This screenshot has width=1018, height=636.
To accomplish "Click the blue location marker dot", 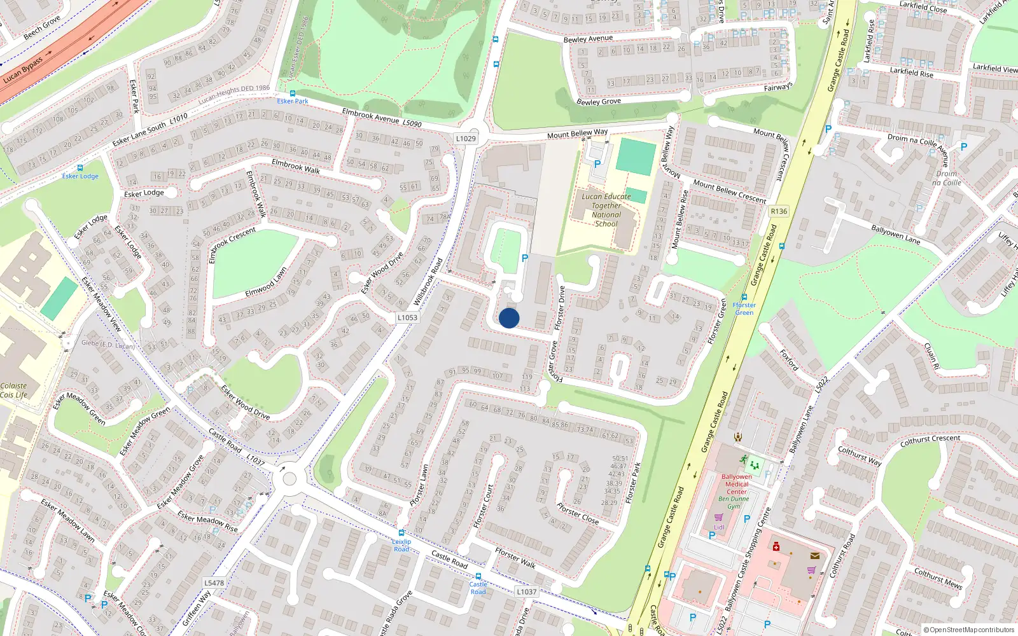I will point(509,318).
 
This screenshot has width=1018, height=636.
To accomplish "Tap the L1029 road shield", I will point(466,139).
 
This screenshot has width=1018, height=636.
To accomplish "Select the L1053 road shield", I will point(407,317).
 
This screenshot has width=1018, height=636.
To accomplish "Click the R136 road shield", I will point(779,211).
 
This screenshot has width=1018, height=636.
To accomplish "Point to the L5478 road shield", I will point(214,583).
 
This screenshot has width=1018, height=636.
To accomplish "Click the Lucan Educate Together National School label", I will point(606,210).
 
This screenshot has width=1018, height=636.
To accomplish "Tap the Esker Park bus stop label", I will point(293,101).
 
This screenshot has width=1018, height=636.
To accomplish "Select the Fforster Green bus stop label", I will point(744,308).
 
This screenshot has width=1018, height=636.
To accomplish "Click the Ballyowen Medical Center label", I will point(737,484).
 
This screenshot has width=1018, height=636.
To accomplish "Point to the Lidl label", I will point(719,527).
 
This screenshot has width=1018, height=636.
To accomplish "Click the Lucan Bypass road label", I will point(23,70).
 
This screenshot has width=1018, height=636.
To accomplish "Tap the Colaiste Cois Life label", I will point(13,391).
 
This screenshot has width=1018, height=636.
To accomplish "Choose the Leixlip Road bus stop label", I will point(401,545).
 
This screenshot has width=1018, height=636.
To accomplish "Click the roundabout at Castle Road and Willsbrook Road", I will point(289,477).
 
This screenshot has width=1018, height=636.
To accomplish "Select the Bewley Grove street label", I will point(599,102).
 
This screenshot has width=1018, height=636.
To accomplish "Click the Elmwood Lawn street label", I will point(266,282).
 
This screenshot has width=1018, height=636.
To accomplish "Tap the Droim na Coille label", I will point(947,178).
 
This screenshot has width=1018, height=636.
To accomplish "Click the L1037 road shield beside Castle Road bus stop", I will point(526,591).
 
